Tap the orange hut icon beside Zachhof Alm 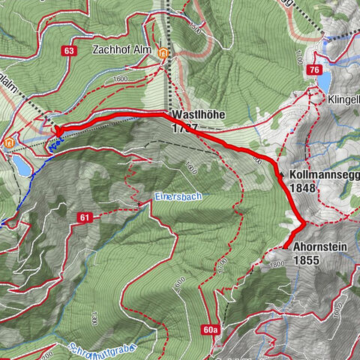(x=163, y=53)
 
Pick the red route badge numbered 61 (x=83, y=217)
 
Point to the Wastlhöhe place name (x=199, y=115)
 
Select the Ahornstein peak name (x=321, y=248)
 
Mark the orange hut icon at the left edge (x=8, y=141)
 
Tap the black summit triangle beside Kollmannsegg (x=281, y=175)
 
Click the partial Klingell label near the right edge (x=344, y=98)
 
